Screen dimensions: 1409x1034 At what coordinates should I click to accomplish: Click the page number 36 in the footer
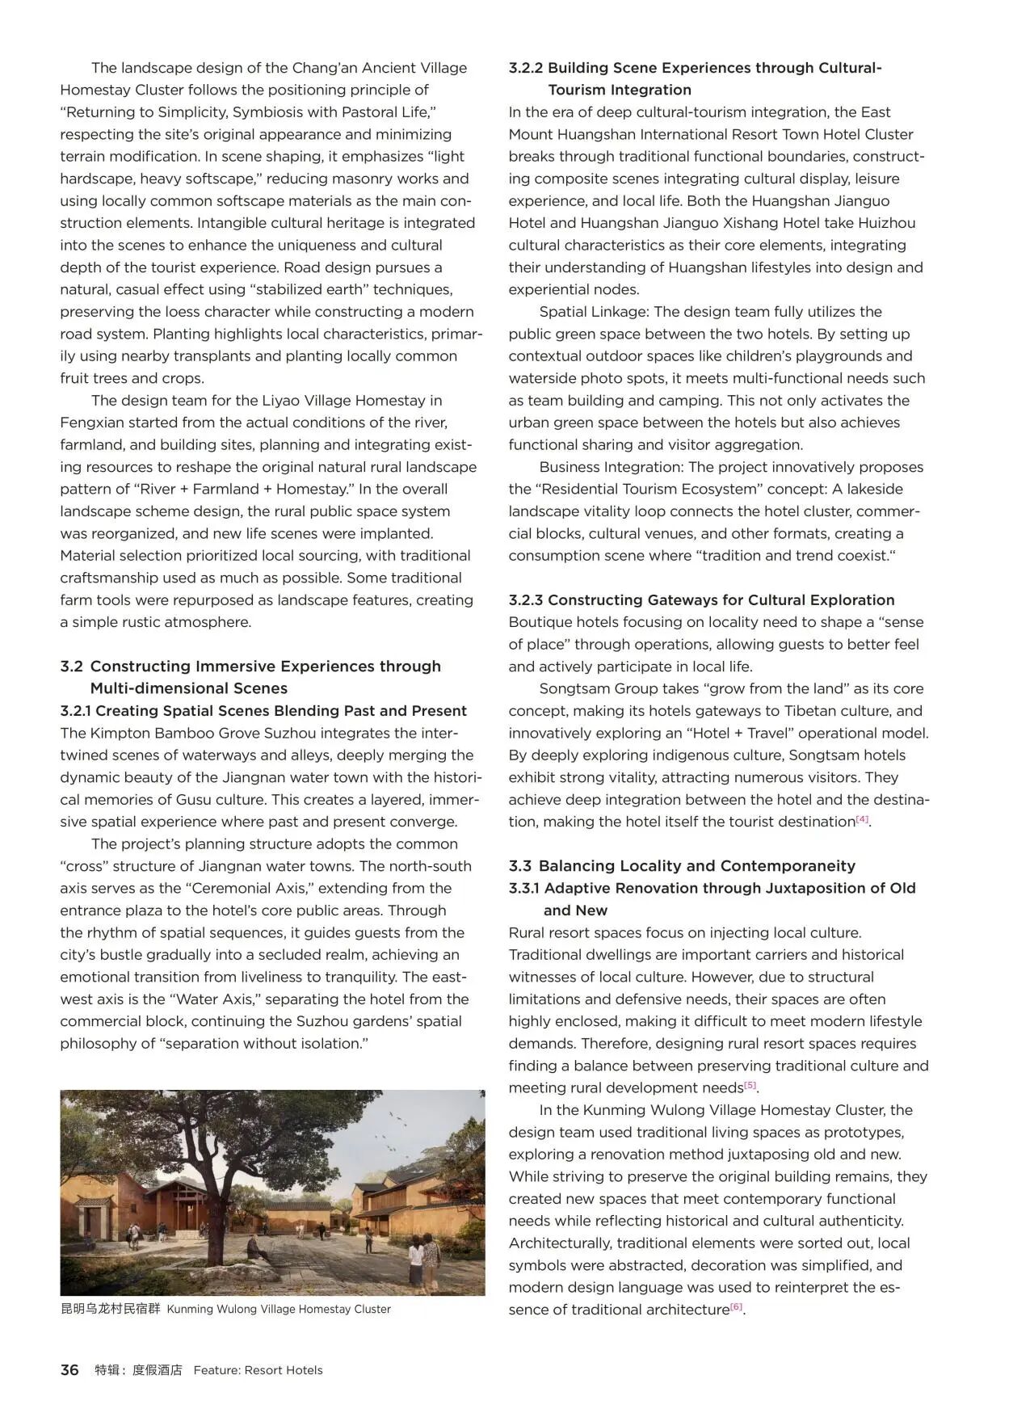(69, 1369)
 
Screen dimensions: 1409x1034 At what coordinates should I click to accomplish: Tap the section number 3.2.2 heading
(526, 68)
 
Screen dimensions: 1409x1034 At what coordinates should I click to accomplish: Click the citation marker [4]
(862, 820)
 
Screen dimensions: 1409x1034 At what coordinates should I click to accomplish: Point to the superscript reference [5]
(750, 1086)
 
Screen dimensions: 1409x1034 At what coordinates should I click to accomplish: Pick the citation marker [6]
(736, 1307)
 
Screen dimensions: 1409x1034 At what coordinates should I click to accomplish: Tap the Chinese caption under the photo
(111, 1309)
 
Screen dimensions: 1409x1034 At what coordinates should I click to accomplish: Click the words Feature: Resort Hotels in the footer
(258, 1369)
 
